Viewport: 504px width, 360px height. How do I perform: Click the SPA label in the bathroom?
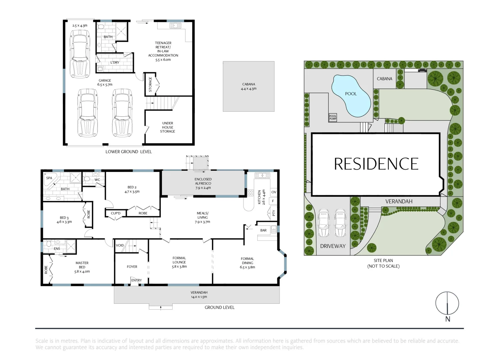[x=49, y=178]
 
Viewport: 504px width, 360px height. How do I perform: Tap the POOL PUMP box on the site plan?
[x=333, y=117]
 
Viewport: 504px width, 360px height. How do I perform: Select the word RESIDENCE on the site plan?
[x=376, y=164]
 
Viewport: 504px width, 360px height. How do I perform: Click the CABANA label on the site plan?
[x=384, y=79]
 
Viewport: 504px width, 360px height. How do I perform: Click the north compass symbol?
[x=447, y=303]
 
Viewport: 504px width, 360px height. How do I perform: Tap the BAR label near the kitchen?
[x=263, y=230]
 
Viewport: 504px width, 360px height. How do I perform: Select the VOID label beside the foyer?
[x=120, y=245]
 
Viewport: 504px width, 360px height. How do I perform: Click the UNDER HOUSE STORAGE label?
[x=168, y=127]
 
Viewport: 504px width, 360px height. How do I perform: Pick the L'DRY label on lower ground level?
[x=115, y=62]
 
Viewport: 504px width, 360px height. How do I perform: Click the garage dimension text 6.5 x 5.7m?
[x=105, y=85]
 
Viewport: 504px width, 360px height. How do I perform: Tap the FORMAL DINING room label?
[x=247, y=261]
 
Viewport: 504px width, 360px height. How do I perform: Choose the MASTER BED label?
[x=82, y=265]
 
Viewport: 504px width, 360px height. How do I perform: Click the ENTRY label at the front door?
[x=136, y=280]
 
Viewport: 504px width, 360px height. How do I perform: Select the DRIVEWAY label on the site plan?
[x=333, y=246]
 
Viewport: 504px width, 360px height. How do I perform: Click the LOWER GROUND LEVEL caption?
[x=128, y=152]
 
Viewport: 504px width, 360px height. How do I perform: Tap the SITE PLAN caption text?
[x=383, y=261]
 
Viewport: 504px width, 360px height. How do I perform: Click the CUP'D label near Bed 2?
[x=115, y=213]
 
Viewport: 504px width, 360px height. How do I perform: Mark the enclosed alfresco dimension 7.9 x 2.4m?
[x=203, y=188]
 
